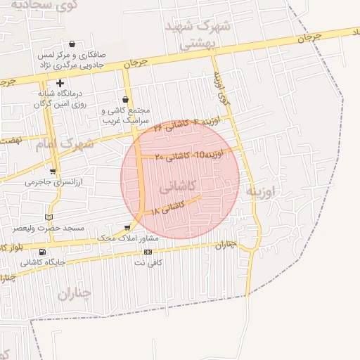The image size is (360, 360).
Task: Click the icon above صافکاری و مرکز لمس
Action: [72, 44]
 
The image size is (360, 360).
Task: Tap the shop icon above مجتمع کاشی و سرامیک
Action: [126, 99]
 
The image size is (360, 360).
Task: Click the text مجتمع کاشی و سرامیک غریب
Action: [127, 115]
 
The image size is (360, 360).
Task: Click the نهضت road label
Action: [12, 141]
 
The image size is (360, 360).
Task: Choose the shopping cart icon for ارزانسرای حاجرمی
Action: [53, 171]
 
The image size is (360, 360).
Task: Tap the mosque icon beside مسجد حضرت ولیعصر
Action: [49, 217]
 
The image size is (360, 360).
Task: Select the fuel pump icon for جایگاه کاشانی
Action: [43, 252]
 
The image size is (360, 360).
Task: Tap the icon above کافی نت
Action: [148, 251]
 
